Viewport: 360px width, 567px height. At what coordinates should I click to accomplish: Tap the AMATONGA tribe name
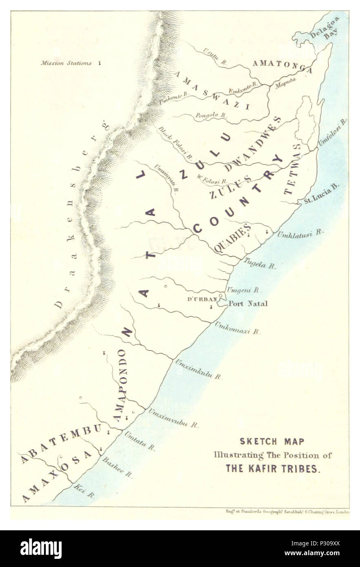[282, 66]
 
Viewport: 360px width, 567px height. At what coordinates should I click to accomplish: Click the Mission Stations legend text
[66, 63]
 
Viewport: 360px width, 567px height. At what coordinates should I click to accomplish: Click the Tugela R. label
[260, 263]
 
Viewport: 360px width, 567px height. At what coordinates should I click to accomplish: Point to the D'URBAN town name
[202, 299]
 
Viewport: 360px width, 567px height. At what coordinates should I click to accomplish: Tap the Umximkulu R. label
[199, 370]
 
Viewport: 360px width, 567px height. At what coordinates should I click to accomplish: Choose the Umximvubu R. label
[173, 418]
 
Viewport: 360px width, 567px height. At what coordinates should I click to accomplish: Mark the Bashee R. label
[118, 467]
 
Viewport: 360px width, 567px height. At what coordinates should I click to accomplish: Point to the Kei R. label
[84, 491]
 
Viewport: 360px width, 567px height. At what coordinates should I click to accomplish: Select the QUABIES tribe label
[232, 238]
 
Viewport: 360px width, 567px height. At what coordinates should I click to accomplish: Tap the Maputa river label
[285, 83]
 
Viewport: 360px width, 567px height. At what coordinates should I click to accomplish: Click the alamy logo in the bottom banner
[41, 549]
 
